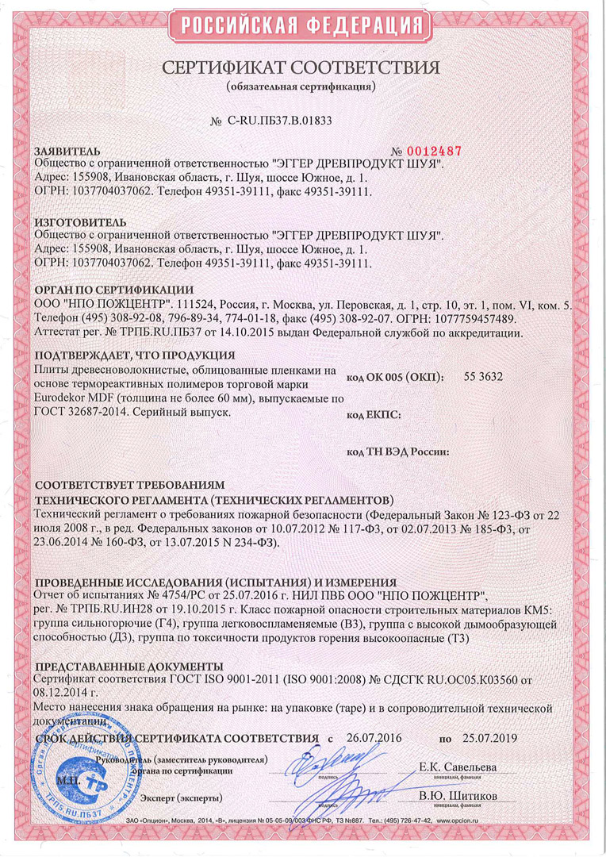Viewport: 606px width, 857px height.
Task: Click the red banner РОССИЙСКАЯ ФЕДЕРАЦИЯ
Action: tap(303, 27)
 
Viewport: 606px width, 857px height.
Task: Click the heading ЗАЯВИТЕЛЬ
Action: tap(68, 151)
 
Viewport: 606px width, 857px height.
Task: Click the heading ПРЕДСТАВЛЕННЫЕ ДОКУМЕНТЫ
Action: tap(131, 666)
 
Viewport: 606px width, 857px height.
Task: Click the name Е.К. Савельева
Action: tap(458, 767)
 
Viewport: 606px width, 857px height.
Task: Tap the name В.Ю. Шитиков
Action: tap(458, 795)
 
